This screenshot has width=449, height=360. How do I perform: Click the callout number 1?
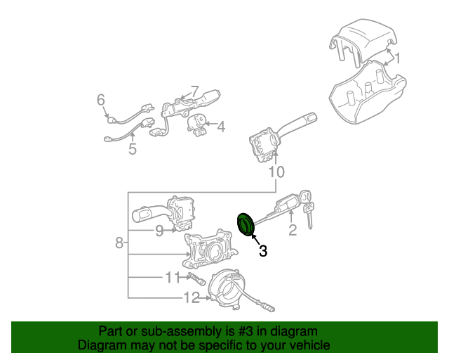coord(398,58)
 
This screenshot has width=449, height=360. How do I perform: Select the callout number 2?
coord(293,230)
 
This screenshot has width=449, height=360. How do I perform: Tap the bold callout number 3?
coord(263,250)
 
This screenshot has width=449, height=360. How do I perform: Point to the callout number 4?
coord(221,127)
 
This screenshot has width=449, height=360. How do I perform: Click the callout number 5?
coord(133,149)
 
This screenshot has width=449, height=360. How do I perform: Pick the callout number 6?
coord(101,100)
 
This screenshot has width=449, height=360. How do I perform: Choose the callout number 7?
coord(194,91)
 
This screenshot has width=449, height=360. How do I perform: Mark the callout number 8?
coord(119,243)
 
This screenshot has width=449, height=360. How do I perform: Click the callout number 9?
coord(159,231)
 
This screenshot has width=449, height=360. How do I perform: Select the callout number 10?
coord(276,172)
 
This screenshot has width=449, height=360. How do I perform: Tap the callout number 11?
coord(173,277)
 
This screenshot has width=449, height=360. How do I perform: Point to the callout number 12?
coord(192,297)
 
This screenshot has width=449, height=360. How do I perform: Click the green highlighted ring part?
coord(246,224)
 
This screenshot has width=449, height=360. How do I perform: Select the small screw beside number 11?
coord(196,278)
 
